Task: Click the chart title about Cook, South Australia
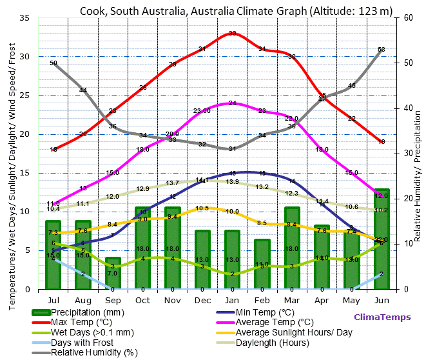[236, 11]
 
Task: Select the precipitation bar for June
[382, 239]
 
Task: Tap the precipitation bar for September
[113, 273]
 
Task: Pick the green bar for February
[262, 265]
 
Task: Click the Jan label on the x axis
[233, 300]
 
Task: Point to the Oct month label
[143, 300]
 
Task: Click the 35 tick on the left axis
[24, 18]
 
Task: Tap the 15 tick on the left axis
[24, 173]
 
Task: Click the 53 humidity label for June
[382, 50]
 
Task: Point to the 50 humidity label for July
[53, 63]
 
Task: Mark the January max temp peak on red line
[233, 34]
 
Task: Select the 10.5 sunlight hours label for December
[202, 208]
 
